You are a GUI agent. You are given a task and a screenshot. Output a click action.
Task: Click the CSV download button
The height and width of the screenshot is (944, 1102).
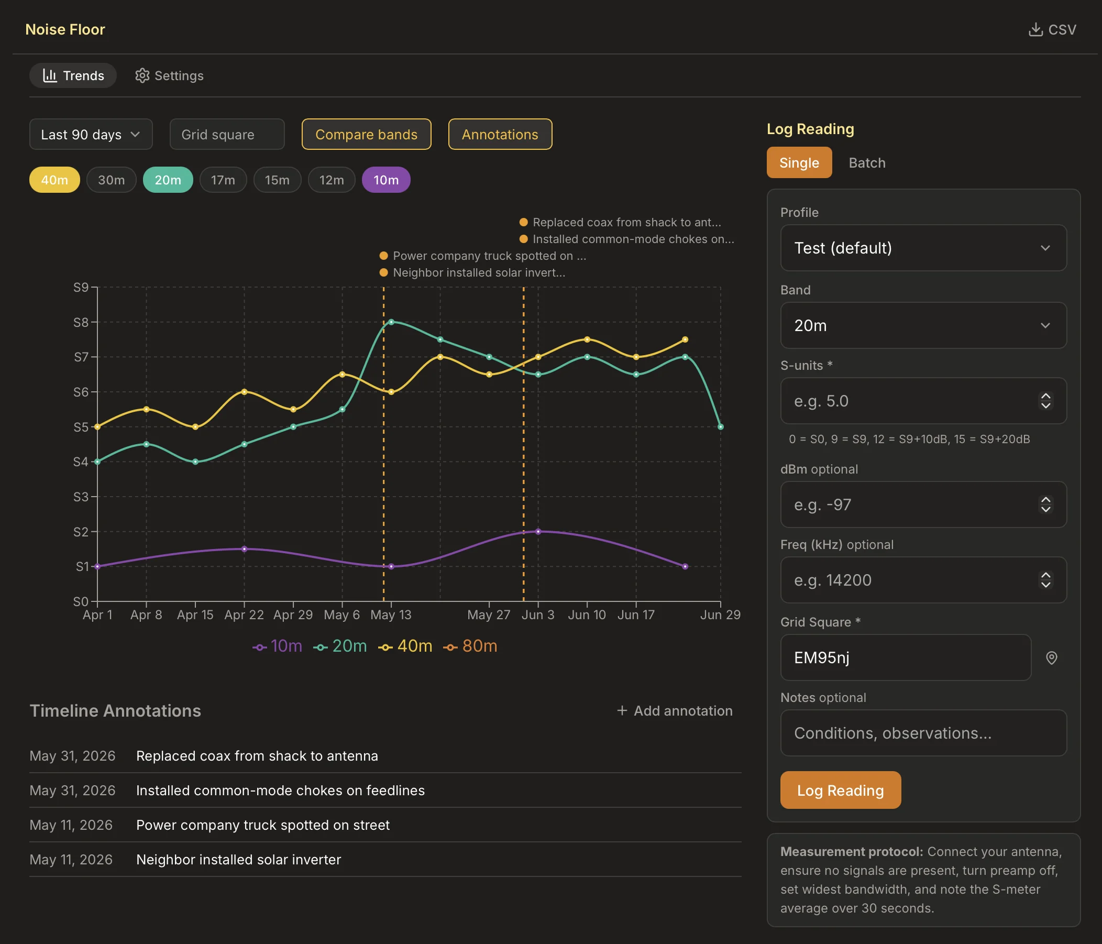(x=1052, y=30)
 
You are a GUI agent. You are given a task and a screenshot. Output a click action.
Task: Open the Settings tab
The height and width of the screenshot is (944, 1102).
(x=169, y=75)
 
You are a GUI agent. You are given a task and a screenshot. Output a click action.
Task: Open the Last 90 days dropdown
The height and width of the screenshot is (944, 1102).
(x=91, y=135)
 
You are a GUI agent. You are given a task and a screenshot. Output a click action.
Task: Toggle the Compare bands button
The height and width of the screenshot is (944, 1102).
(x=367, y=135)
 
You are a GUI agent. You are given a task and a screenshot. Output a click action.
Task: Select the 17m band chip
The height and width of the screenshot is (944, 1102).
(x=223, y=180)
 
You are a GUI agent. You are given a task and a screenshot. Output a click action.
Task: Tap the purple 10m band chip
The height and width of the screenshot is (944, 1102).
(x=385, y=180)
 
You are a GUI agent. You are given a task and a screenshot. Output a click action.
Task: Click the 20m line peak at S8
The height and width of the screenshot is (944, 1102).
(x=391, y=322)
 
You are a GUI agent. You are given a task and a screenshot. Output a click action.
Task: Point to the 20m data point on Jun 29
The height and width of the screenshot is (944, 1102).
(x=721, y=426)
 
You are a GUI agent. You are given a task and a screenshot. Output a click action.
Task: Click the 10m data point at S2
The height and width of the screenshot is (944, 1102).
(x=538, y=531)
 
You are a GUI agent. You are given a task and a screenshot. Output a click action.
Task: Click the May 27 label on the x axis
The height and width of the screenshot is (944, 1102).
(x=489, y=615)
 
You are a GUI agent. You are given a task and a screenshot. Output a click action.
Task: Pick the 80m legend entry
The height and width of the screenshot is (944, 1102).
(x=471, y=646)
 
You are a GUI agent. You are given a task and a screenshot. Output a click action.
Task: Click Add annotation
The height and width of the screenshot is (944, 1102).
(x=675, y=710)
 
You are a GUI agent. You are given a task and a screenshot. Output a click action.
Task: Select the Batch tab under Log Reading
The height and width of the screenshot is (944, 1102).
(x=867, y=163)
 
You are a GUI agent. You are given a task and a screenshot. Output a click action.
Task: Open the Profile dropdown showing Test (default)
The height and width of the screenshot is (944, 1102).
(x=923, y=248)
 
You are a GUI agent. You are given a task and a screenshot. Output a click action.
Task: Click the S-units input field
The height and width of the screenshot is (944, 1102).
(x=923, y=401)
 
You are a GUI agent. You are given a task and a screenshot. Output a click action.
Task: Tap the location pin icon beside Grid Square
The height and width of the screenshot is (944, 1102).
(x=1052, y=658)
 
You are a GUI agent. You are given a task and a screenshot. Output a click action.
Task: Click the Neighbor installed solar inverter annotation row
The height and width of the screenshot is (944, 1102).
(x=385, y=860)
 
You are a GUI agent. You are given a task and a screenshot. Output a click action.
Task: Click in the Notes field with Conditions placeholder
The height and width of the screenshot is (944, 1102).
(x=923, y=733)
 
